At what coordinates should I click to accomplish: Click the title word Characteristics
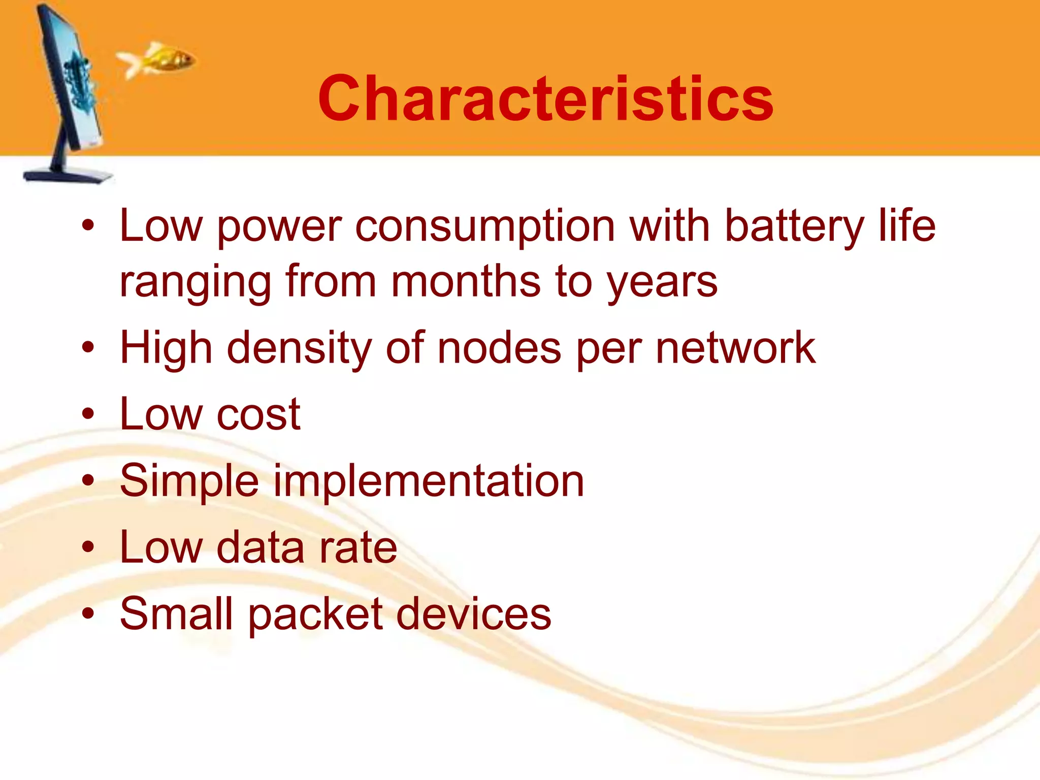point(545,99)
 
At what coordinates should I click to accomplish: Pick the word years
point(663,283)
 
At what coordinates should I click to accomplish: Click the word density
point(299,349)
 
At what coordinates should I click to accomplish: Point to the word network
point(735,349)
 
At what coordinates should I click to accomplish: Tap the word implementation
point(429,481)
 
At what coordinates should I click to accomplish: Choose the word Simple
point(189,481)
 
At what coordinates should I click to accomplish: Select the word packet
point(315,614)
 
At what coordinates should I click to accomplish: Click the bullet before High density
point(88,348)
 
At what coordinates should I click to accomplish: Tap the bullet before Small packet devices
point(88,613)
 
